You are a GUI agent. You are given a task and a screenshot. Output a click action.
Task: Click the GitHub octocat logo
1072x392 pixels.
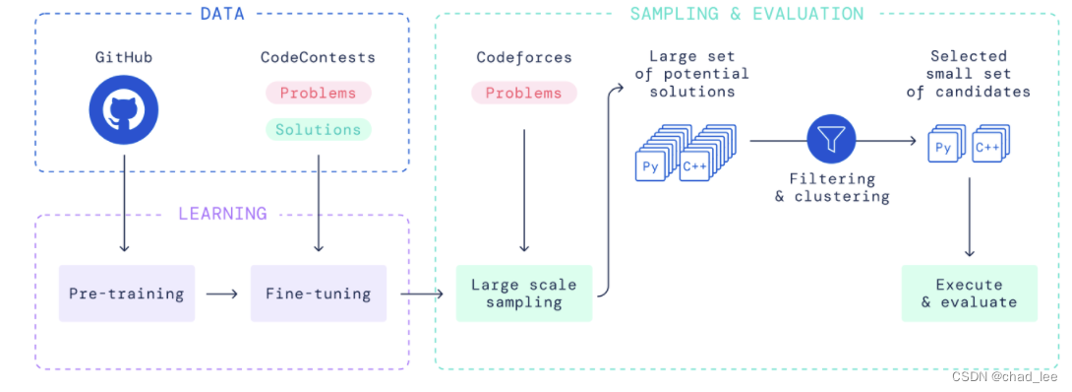point(124,109)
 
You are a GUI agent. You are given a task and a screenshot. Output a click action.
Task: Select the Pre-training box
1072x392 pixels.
point(127,294)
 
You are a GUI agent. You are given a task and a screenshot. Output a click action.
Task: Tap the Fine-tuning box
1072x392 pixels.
point(319,294)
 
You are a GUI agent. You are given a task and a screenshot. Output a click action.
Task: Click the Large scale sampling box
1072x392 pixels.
point(524,294)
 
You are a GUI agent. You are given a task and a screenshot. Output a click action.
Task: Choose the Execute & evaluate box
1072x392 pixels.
point(970,294)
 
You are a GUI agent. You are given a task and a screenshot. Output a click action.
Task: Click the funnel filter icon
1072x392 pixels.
point(831,141)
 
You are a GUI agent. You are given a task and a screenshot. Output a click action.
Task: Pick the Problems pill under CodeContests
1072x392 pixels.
point(318,93)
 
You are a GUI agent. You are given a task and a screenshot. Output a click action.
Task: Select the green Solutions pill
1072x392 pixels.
point(318,129)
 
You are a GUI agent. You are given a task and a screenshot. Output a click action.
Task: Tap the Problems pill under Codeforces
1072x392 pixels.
point(524,93)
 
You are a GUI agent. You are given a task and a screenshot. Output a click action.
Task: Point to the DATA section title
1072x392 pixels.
point(222,14)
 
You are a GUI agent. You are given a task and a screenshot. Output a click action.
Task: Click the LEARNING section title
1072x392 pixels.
point(222,214)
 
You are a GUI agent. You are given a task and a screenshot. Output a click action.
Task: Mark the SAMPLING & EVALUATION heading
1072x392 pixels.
point(746,14)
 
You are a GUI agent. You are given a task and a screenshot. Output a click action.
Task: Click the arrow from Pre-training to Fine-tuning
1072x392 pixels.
point(221,294)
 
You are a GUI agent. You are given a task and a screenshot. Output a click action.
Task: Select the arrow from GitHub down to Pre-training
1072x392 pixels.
point(124,203)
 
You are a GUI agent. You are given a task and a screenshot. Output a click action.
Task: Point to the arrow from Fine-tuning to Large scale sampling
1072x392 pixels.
point(422,294)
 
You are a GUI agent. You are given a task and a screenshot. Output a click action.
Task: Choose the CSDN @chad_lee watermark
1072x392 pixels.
point(1008,377)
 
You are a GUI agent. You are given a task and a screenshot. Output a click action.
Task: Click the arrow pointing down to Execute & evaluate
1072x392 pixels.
point(969,218)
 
